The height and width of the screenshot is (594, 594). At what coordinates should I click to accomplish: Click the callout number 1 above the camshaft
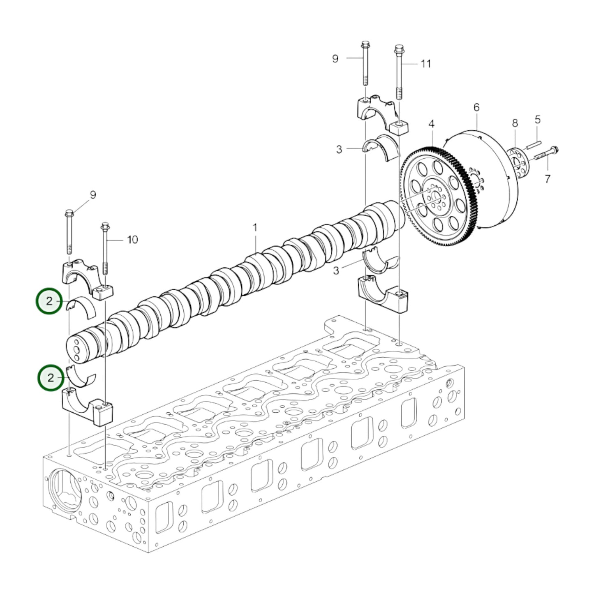tap(255, 227)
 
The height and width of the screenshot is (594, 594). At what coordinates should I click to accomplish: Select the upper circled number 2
tap(49, 301)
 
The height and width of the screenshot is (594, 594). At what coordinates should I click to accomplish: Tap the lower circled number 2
tap(50, 377)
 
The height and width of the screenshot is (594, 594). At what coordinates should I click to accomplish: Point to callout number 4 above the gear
tap(431, 124)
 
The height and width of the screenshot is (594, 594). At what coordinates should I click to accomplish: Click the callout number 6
tap(476, 108)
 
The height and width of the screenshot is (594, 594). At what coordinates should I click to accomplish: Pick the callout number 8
tap(515, 123)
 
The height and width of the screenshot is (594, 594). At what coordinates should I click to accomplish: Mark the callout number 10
tap(132, 239)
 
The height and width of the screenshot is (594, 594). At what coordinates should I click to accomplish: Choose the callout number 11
tap(425, 64)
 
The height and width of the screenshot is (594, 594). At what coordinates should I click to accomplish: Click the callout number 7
tap(547, 179)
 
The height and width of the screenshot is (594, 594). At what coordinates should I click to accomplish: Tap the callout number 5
tap(537, 120)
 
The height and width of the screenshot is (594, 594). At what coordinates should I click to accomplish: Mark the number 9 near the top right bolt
tap(335, 59)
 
